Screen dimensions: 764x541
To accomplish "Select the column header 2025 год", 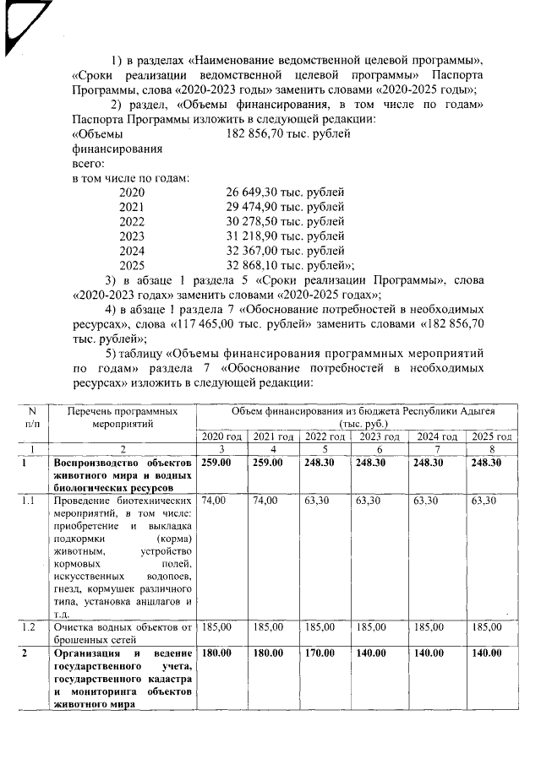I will (492, 436).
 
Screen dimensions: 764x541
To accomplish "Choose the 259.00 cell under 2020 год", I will (217, 463).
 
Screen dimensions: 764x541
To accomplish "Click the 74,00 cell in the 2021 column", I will (265, 501).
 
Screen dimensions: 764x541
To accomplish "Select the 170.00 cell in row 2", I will (318, 653).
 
